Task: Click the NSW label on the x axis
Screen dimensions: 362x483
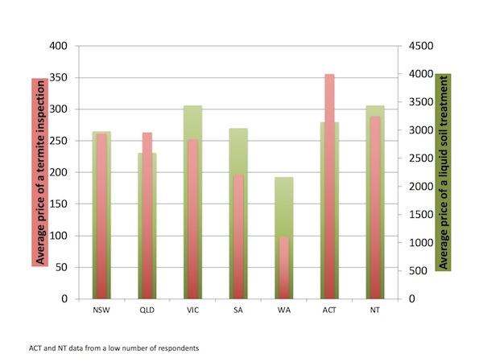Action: point(101,310)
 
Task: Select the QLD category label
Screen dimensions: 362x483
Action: point(147,310)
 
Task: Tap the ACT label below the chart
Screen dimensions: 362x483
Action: point(329,310)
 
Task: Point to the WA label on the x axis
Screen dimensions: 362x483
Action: point(284,310)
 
